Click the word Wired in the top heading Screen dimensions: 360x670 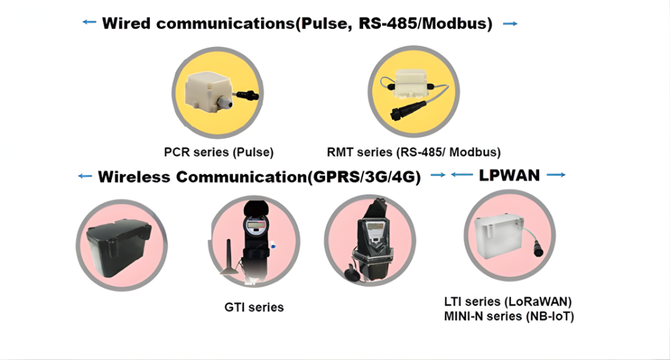[126, 24]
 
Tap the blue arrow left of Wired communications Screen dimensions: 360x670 [90, 23]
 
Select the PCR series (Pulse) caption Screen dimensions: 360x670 [219, 153]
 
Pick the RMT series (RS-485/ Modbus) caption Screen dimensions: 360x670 [414, 153]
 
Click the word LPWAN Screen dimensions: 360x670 [509, 175]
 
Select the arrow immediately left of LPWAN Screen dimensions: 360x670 [462, 175]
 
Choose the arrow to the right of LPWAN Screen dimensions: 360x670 [555, 175]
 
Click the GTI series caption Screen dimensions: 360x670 [254, 306]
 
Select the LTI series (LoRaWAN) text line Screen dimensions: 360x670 [508, 302]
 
